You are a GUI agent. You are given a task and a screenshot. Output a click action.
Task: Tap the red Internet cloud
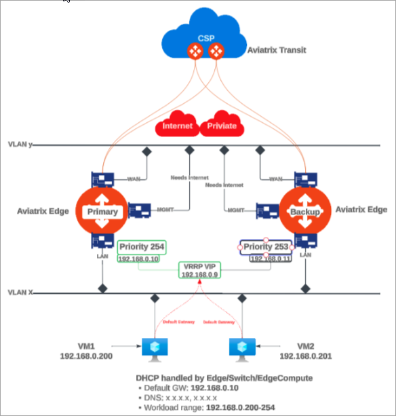coord(177,126)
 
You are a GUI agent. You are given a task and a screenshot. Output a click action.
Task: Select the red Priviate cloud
coord(223,126)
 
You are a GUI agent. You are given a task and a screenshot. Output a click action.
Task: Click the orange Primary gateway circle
coord(102,211)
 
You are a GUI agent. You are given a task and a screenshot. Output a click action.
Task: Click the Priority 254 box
coord(142,247)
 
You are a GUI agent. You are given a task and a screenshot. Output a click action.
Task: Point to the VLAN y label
coord(21,145)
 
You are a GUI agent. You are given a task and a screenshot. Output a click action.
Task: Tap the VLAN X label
coord(21,292)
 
